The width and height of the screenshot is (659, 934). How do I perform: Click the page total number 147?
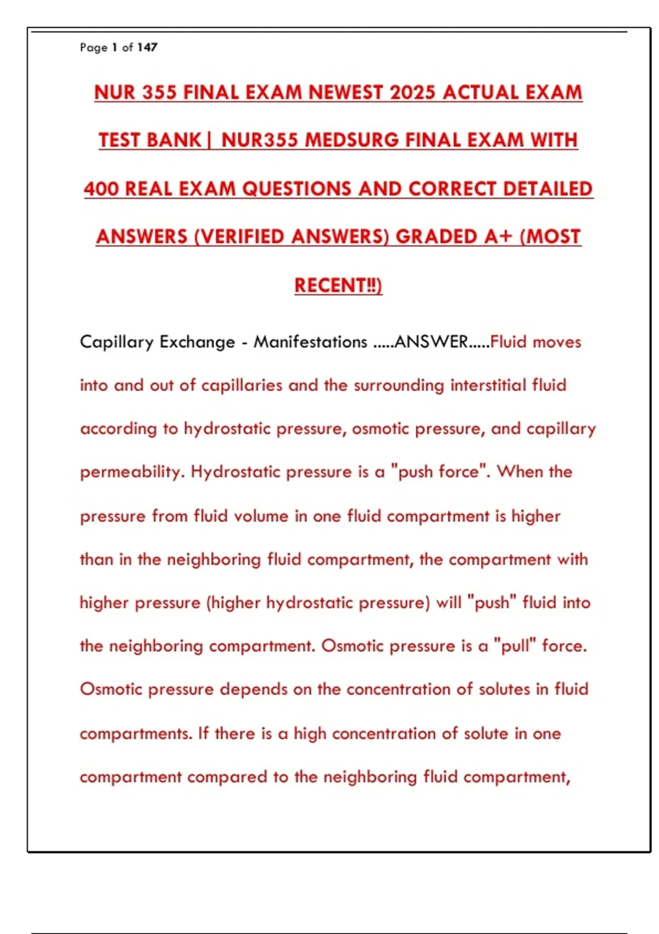pyautogui.click(x=147, y=48)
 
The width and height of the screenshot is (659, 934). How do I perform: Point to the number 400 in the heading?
pyautogui.click(x=102, y=189)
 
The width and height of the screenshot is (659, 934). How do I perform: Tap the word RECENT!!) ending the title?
pyautogui.click(x=338, y=286)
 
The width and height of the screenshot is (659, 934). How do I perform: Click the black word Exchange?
pyautogui.click(x=197, y=342)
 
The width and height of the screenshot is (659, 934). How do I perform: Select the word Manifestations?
pyautogui.click(x=310, y=342)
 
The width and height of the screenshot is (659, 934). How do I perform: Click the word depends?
pyautogui.click(x=254, y=690)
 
